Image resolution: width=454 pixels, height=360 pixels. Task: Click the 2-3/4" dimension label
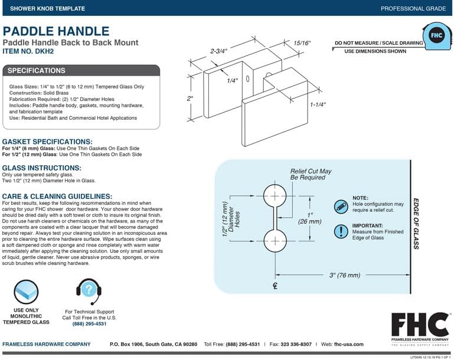coord(218,51)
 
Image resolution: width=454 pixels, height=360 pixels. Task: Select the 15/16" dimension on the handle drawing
coord(302,43)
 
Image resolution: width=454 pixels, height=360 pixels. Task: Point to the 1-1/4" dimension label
coord(318,104)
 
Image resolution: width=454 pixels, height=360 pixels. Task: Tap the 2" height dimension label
coord(190,99)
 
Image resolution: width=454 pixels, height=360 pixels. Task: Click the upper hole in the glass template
coord(275,196)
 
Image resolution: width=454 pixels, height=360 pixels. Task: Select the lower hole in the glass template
coord(275,240)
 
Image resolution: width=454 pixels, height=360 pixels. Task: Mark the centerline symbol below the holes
coord(275,286)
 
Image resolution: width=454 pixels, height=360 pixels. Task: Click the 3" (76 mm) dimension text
coord(345,275)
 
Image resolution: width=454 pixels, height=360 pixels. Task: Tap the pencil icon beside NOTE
coord(341,207)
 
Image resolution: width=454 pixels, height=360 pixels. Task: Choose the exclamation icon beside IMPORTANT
coord(341,231)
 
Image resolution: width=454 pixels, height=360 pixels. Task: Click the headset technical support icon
coord(89,291)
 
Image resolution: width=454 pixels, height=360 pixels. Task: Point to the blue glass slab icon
coord(26,292)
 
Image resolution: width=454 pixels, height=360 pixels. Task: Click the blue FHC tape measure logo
coord(436,36)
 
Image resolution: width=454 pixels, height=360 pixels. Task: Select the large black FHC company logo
coord(420,329)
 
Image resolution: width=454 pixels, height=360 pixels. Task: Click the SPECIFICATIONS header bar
coord(81,71)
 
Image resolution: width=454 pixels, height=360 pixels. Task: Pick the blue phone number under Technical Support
coord(89,324)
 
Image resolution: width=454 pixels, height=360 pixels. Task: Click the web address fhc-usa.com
coord(348,345)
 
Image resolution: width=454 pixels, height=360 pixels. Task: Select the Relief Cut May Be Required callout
coord(311,174)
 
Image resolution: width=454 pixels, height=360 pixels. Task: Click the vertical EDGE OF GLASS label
coord(416,224)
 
